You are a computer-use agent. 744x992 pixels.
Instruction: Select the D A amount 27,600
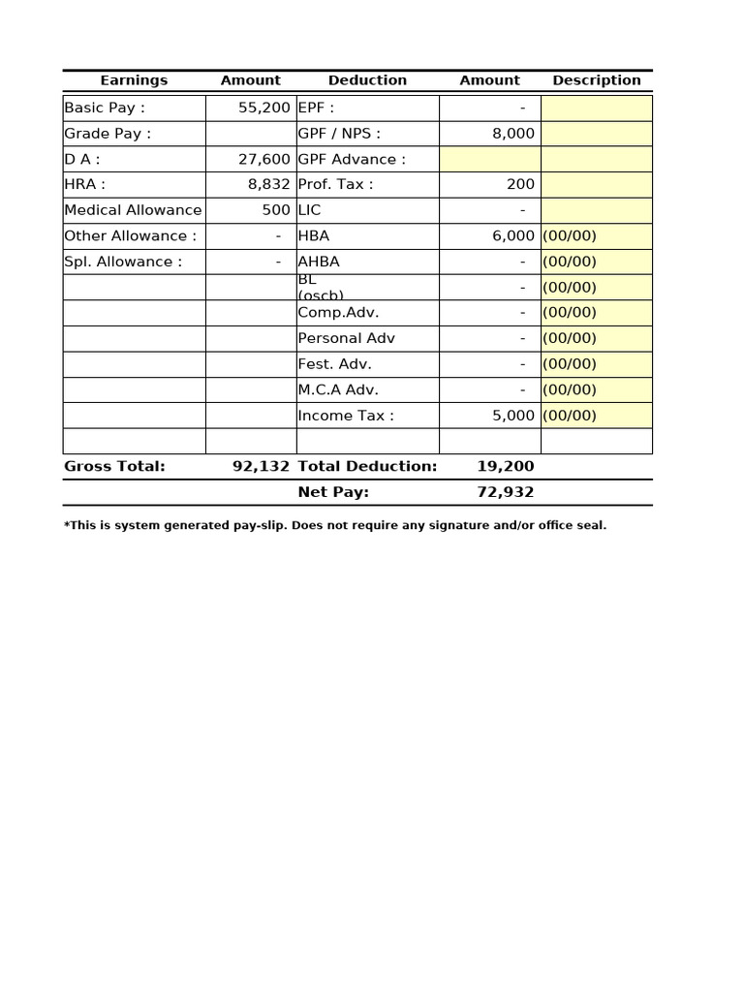pyautogui.click(x=263, y=159)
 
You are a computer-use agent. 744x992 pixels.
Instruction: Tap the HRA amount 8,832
pyautogui.click(x=268, y=184)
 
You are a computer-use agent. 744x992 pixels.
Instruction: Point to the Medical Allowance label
pyautogui.click(x=133, y=210)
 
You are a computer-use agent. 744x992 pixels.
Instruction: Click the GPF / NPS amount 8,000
pyautogui.click(x=512, y=134)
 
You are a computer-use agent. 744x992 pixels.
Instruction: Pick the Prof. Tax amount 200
pyautogui.click(x=520, y=184)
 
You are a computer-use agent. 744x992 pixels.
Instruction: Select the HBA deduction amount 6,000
pyautogui.click(x=512, y=235)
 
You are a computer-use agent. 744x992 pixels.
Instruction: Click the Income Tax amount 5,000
pyautogui.click(x=512, y=416)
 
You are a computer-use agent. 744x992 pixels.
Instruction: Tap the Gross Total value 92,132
pyautogui.click(x=261, y=466)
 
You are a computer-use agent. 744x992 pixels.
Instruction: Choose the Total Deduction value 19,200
pyautogui.click(x=505, y=466)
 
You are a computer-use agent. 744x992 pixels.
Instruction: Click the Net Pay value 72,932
pyautogui.click(x=505, y=492)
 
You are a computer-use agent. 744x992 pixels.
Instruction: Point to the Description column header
pyautogui.click(x=597, y=80)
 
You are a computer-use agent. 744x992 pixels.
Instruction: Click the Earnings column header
pyautogui.click(x=134, y=80)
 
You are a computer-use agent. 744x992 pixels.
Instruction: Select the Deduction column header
pyautogui.click(x=367, y=80)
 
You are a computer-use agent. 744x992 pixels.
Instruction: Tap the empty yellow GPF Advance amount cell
pyautogui.click(x=490, y=159)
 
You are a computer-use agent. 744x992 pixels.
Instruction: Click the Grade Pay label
pyautogui.click(x=108, y=134)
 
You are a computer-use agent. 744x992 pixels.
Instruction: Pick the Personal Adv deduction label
pyautogui.click(x=346, y=338)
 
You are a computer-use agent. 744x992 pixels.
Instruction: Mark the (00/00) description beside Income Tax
pyautogui.click(x=570, y=416)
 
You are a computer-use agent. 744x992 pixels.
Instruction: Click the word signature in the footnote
pyautogui.click(x=458, y=525)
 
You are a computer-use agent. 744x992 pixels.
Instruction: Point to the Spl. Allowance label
pyautogui.click(x=123, y=262)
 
